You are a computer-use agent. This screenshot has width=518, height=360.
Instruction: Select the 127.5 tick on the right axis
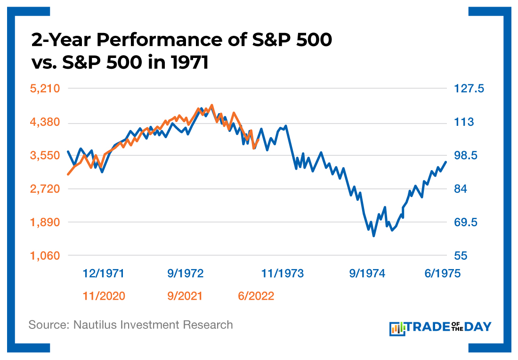click(x=469, y=89)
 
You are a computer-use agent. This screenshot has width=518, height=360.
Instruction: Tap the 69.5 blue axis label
click(x=465, y=222)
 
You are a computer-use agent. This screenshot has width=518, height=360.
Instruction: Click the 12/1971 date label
click(x=104, y=274)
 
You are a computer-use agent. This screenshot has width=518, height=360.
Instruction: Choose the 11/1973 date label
click(x=283, y=274)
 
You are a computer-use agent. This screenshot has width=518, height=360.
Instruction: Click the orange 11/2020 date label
click(x=104, y=296)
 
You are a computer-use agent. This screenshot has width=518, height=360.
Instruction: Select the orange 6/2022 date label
click(x=256, y=296)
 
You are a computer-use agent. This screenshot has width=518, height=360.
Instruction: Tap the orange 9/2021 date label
click(x=185, y=296)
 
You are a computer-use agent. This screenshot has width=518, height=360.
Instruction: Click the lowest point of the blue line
click(x=374, y=236)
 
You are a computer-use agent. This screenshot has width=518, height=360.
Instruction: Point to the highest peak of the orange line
click(x=212, y=105)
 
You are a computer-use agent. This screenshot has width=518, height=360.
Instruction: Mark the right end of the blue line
click(x=445, y=162)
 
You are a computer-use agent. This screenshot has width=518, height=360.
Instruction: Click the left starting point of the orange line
click(x=68, y=174)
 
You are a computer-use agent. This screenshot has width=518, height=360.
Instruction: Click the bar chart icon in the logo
click(x=397, y=328)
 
